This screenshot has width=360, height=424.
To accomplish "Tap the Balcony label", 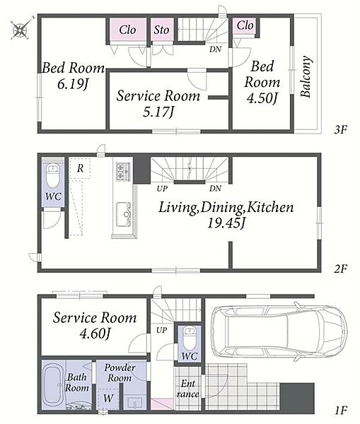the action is coord(306,76).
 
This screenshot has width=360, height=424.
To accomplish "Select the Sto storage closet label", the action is coord(161,30).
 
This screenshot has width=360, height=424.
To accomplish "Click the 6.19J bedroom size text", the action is coord(73,84).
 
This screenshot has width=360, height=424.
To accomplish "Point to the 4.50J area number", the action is coord(262,98).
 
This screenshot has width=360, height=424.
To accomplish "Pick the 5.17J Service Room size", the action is coord(158,112).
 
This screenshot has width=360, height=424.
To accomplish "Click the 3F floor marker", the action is coord(340,130).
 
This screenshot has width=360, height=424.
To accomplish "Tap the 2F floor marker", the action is coord(340,269).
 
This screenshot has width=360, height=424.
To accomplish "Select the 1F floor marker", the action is coord(340,411).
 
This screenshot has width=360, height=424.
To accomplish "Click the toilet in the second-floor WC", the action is coord(52,176).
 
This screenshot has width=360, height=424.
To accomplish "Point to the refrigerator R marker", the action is coord(80,168).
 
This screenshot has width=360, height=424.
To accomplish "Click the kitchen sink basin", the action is coord(124,214).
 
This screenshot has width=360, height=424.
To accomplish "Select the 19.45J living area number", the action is coord(226,223).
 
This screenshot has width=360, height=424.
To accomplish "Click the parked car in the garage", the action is coord(279,331).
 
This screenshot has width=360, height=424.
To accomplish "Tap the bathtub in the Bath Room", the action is coord(53,384).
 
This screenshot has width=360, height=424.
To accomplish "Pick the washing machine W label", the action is coord(108,398).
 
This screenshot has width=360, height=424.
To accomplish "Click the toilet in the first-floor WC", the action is coord(190,338).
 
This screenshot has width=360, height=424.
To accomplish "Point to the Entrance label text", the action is coord(188,389).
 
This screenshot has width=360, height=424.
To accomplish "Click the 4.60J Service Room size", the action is coord(95,334).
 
